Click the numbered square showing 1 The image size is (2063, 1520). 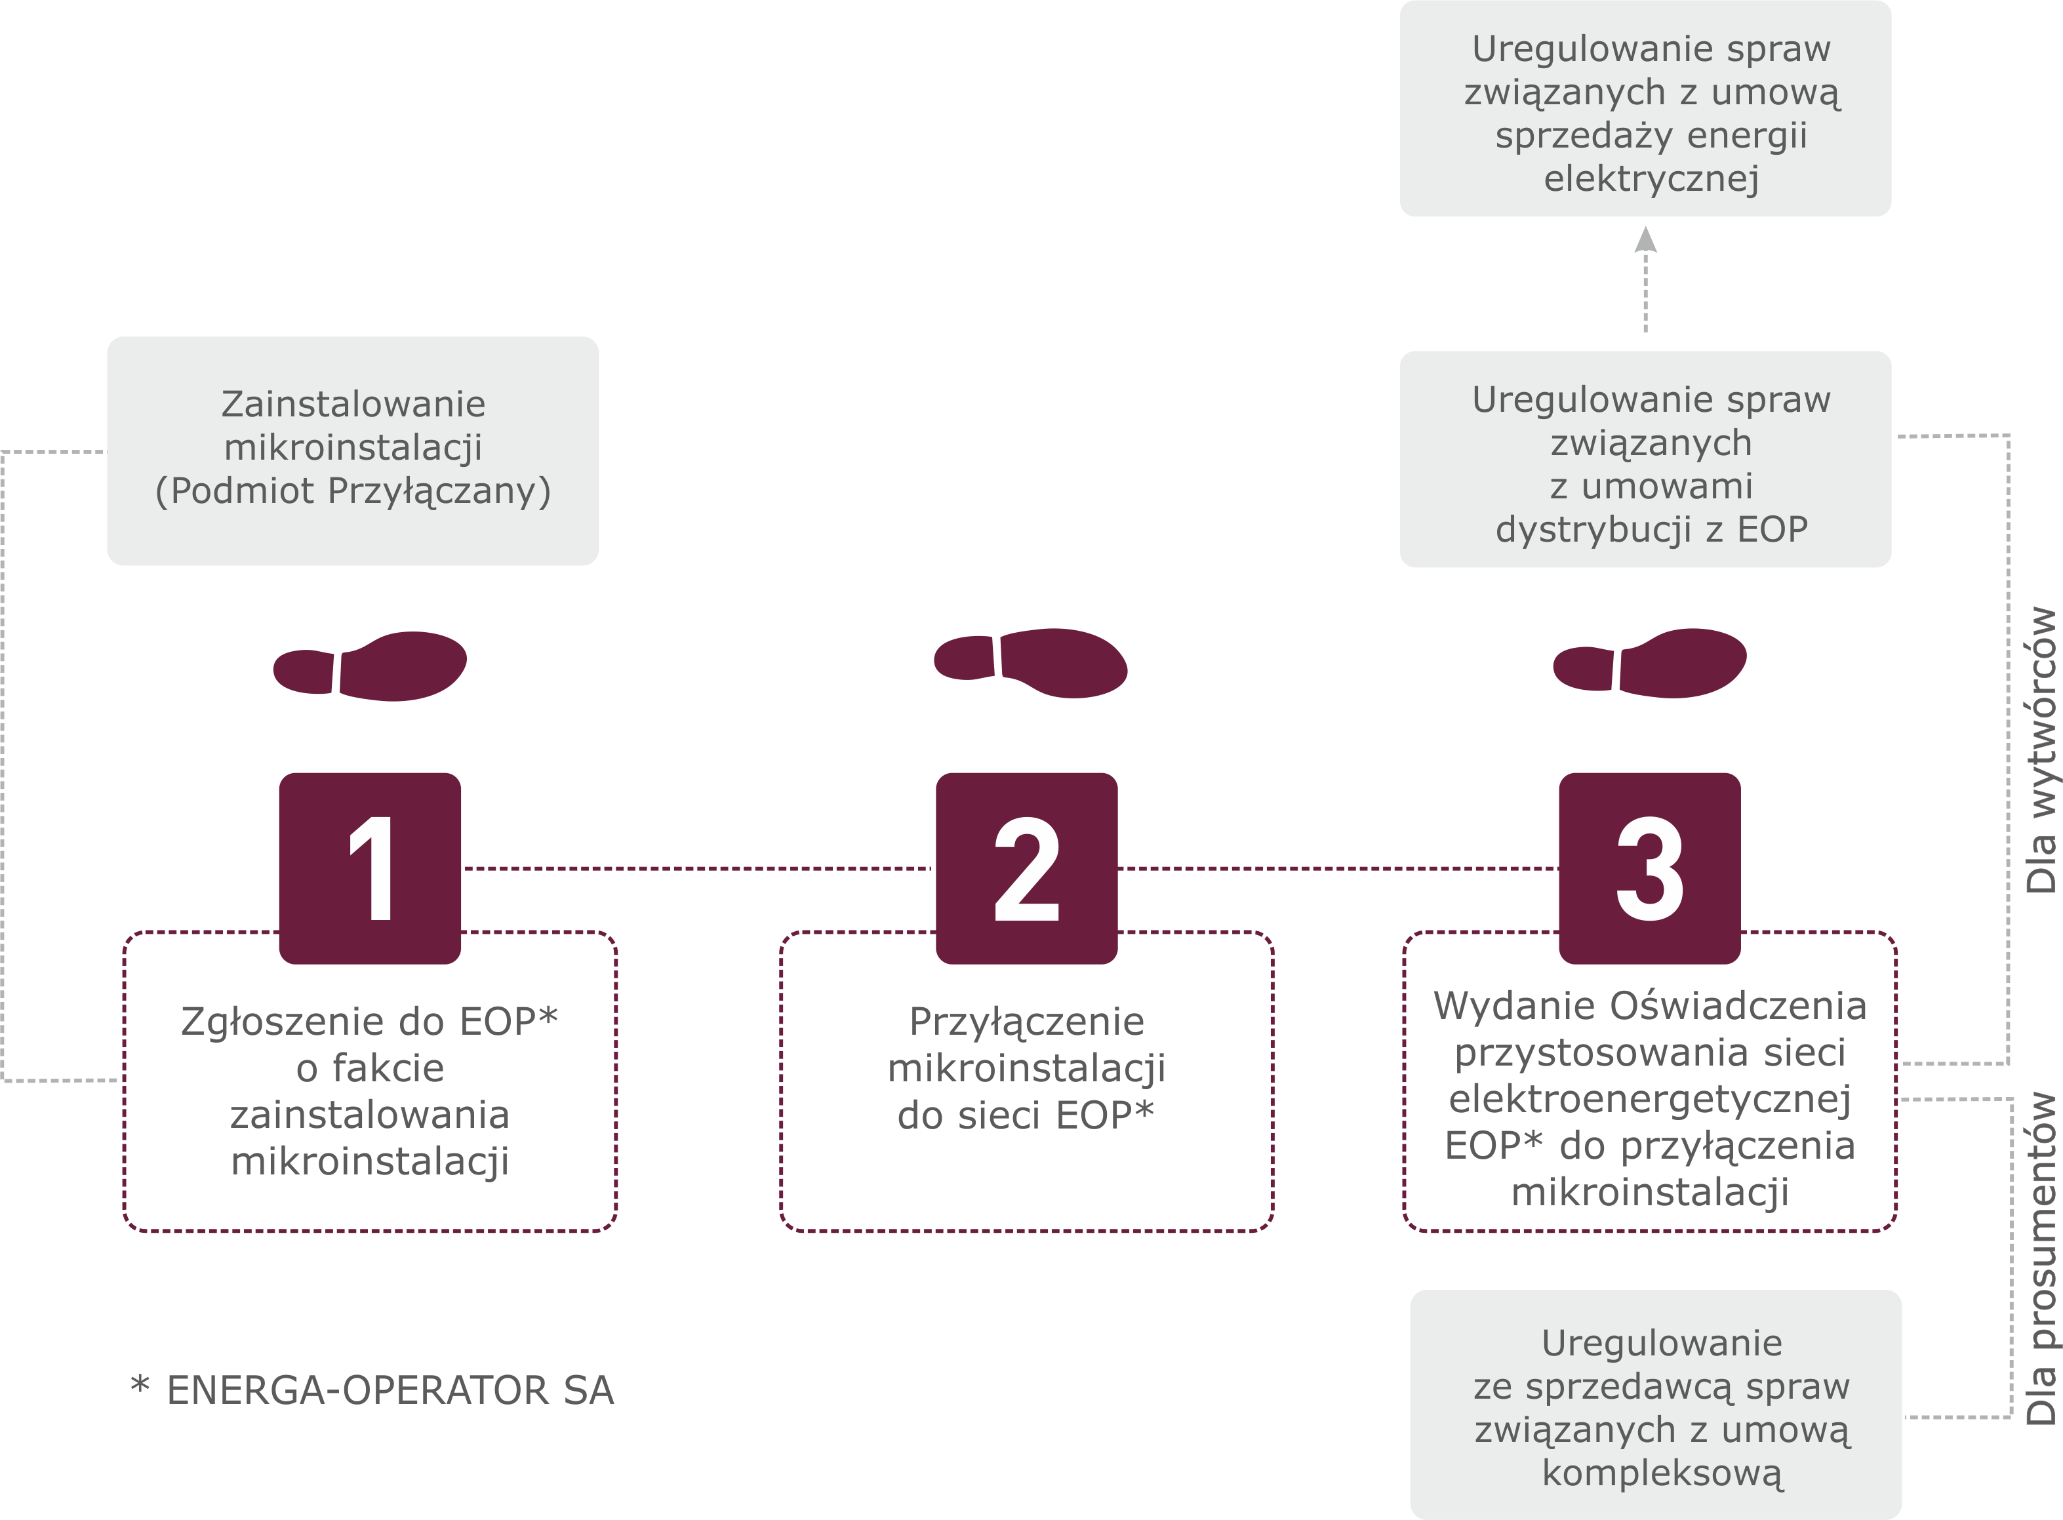point(370,868)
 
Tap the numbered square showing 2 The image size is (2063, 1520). point(1026,868)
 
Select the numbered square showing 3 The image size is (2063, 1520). point(1649,868)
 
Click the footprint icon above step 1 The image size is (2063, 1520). point(370,666)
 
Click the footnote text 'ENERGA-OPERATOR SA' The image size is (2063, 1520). point(390,1390)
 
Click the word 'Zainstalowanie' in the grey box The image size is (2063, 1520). point(353,404)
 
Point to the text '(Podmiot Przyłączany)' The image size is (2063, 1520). point(353,490)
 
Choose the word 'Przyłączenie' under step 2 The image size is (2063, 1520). point(1026,1021)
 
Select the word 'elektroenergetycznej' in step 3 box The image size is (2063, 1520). point(1649,1098)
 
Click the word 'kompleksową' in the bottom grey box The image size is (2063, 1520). point(1662,1473)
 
